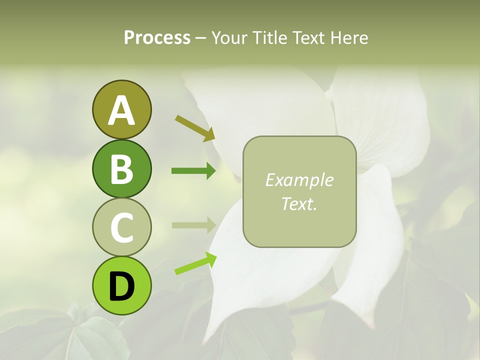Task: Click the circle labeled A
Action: pyautogui.click(x=121, y=109)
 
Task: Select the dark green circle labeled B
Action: pyautogui.click(x=121, y=168)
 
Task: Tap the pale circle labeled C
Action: pyautogui.click(x=121, y=227)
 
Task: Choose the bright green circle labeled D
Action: pyautogui.click(x=121, y=285)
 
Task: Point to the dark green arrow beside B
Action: pyautogui.click(x=193, y=171)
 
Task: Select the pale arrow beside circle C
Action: pyautogui.click(x=193, y=225)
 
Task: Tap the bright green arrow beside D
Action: pyautogui.click(x=195, y=264)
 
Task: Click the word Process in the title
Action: pyautogui.click(x=157, y=38)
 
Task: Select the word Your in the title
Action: pyautogui.click(x=230, y=38)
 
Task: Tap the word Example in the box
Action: pyautogui.click(x=299, y=180)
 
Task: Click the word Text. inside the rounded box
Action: pyautogui.click(x=299, y=204)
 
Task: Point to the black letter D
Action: pyautogui.click(x=121, y=286)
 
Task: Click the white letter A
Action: pyautogui.click(x=121, y=110)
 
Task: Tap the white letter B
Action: pyautogui.click(x=121, y=169)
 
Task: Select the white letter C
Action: pyautogui.click(x=121, y=228)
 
